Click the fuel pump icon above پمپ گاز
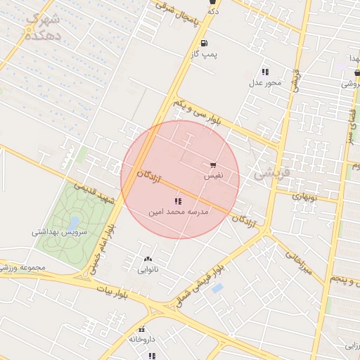(x=204, y=43)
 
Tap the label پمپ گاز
(x=204, y=53)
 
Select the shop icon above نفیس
(x=212, y=165)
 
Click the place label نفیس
(x=212, y=176)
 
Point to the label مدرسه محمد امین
(x=177, y=211)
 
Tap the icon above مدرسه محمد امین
(x=177, y=201)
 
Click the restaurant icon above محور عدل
(x=265, y=72)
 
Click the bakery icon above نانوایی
(x=147, y=259)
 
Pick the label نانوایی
(x=147, y=269)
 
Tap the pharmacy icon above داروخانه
(x=141, y=329)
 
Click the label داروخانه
(x=141, y=339)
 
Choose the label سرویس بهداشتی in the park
(x=58, y=231)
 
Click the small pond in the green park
(x=72, y=209)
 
